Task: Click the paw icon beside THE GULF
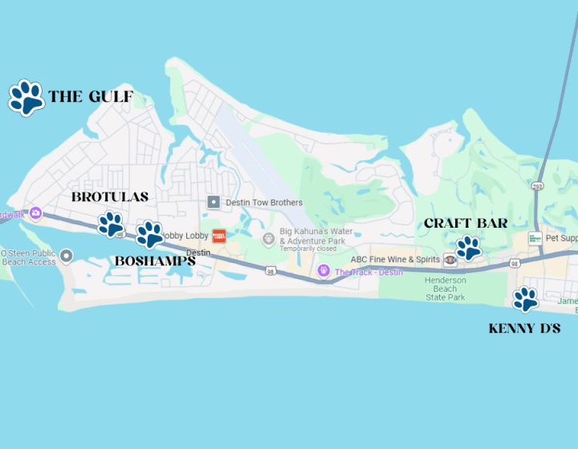pos(26,98)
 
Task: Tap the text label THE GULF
pos(90,98)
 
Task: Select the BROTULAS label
pos(109,197)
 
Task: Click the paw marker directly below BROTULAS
pos(111,224)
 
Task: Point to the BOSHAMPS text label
pos(155,261)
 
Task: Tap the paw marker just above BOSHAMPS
pos(149,234)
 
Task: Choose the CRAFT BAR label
pos(466,223)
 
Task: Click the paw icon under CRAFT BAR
pos(468,247)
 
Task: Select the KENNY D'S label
pos(524,329)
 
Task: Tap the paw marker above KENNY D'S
pos(526,299)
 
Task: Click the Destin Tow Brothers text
pos(264,203)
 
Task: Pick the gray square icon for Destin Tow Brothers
pos(213,202)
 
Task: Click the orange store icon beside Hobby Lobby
pos(219,236)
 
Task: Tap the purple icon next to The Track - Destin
pos(324,271)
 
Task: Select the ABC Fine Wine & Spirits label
pos(395,260)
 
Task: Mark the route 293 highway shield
pos(537,187)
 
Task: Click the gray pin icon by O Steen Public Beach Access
pos(67,256)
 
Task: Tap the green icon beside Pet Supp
pos(535,238)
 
